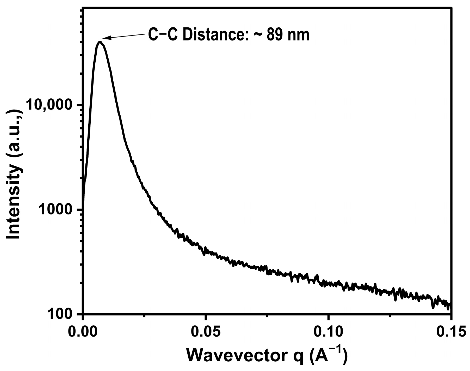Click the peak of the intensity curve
coord(100,42)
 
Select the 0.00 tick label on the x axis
coord(83,332)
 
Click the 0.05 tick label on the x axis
coord(206,332)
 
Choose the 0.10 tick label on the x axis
coord(329,332)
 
